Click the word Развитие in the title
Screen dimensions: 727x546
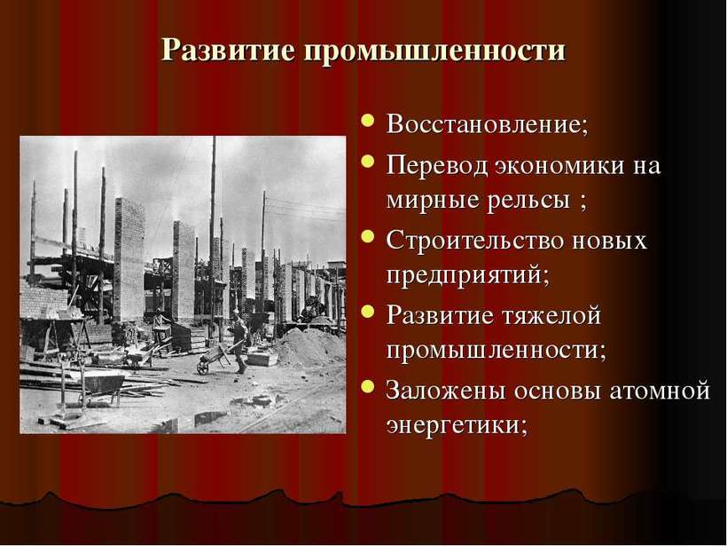(x=228, y=49)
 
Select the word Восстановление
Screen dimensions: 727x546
(x=488, y=124)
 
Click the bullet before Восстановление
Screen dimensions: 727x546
(x=368, y=121)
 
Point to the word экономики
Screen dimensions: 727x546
(x=559, y=166)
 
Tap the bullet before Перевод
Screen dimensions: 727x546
(x=368, y=161)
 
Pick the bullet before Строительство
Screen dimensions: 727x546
(x=368, y=236)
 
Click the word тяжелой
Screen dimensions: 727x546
(x=551, y=316)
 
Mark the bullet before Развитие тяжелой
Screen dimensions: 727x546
(x=368, y=311)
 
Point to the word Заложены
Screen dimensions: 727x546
(x=446, y=391)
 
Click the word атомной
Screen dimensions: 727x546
(x=660, y=391)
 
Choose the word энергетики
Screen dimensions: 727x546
(x=457, y=426)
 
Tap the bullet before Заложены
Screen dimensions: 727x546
(x=368, y=386)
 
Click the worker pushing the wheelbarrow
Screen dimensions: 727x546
(x=239, y=342)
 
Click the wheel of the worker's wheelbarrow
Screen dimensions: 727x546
(x=202, y=368)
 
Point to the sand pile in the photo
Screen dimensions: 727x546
(x=309, y=348)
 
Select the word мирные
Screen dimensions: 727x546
(x=432, y=200)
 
